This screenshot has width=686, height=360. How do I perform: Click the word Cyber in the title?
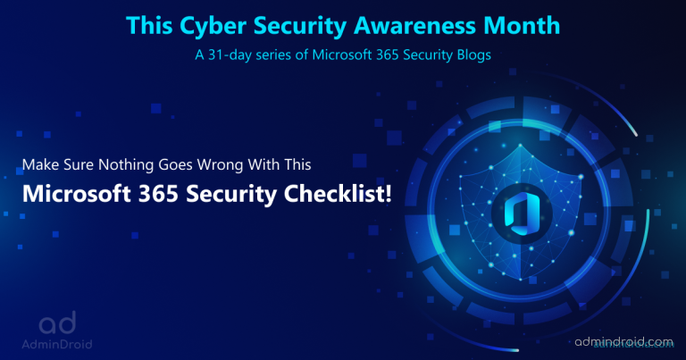[x=213, y=26]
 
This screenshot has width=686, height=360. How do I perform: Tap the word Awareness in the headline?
[x=414, y=25]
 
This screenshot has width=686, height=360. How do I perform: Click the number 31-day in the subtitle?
[x=230, y=55]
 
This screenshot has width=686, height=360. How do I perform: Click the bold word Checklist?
[x=338, y=193]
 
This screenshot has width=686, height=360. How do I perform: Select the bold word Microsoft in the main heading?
[x=77, y=193]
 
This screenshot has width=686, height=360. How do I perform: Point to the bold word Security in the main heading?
[x=231, y=195]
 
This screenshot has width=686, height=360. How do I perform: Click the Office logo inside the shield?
[x=521, y=214]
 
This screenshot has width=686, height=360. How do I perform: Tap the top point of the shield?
[x=520, y=145]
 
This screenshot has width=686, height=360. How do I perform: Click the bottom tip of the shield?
[x=520, y=279]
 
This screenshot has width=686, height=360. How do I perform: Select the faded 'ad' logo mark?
[x=57, y=322]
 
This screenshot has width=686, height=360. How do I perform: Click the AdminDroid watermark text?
[x=57, y=344]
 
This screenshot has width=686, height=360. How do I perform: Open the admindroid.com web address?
[x=623, y=341]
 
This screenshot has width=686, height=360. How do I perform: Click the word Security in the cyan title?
[x=300, y=26]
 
